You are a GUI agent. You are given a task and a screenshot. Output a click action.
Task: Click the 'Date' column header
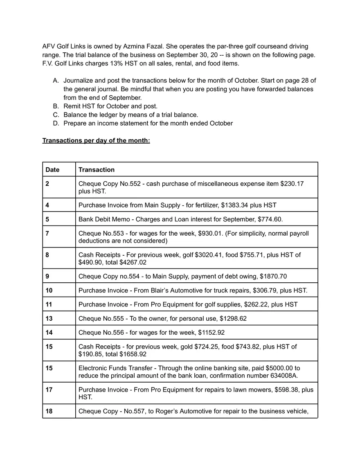(52, 169)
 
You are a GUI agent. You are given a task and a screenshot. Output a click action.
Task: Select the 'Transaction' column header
(97, 169)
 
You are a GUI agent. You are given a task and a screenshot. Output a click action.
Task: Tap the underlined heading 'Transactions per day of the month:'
(96, 141)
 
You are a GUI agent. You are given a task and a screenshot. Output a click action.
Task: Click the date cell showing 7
(47, 233)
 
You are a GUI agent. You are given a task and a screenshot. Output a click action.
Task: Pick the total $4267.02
(133, 262)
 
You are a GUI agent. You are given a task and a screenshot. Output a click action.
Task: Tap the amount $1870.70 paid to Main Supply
(273, 276)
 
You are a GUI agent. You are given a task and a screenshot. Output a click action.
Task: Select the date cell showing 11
(49, 304)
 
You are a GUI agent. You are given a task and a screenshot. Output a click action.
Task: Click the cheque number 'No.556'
(111, 333)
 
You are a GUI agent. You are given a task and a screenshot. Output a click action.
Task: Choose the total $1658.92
(133, 354)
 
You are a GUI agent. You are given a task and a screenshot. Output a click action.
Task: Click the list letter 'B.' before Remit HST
(56, 106)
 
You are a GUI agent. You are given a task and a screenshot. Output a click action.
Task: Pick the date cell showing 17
(49, 389)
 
